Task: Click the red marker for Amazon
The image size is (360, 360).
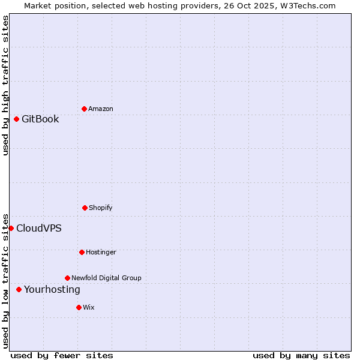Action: (x=84, y=109)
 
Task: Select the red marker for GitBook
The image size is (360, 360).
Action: (x=16, y=119)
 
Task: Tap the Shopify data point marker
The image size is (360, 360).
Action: (x=85, y=208)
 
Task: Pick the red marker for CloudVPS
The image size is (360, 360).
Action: (x=11, y=228)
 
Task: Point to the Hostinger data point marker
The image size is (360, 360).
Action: (x=82, y=252)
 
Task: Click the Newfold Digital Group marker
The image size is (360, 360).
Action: (x=67, y=278)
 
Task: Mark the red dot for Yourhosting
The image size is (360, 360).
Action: (x=19, y=289)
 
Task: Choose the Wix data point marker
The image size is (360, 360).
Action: (x=79, y=307)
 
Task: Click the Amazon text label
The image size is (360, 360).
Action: (x=101, y=109)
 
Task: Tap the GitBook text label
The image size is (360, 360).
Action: (x=40, y=119)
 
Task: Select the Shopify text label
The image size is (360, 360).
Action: (x=101, y=208)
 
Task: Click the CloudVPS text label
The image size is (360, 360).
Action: (x=38, y=228)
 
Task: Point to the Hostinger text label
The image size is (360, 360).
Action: (x=101, y=252)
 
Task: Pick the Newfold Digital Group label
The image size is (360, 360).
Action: (x=106, y=278)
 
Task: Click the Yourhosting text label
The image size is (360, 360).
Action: (x=52, y=289)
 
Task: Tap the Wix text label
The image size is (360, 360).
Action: (x=89, y=307)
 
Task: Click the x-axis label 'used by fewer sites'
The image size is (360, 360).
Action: (x=62, y=355)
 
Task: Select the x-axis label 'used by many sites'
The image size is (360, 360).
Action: (x=301, y=355)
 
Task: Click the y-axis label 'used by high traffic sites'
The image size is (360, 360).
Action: (x=5, y=85)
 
